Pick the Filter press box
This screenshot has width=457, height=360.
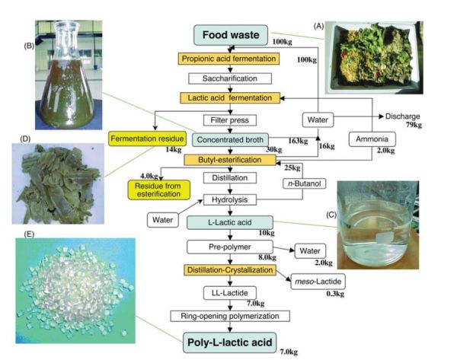click(231, 119)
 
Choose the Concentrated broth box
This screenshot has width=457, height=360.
click(231, 140)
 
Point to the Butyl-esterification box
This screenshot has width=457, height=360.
click(231, 160)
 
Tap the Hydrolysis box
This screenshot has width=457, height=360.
click(231, 200)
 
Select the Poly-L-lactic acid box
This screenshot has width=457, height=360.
click(231, 339)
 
